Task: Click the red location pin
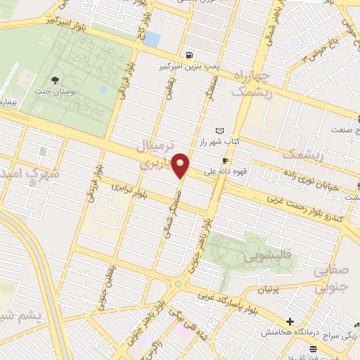[181, 165]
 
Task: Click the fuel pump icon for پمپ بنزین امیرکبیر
[189, 56]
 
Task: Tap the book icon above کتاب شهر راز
[221, 131]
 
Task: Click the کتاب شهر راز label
[237, 141]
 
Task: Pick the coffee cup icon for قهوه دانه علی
[226, 160]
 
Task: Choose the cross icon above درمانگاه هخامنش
[290, 321]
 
